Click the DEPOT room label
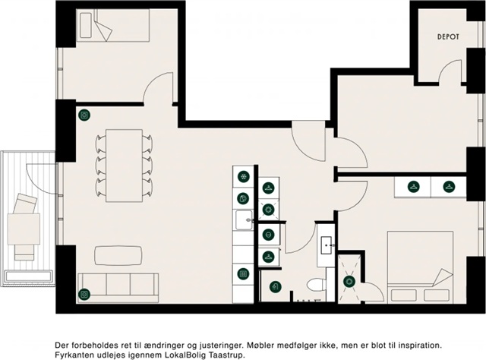point(448,36)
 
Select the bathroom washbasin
point(326,245)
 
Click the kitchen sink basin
point(244,219)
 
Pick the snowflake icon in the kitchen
point(244,177)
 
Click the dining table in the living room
point(124,166)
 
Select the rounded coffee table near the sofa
point(118,255)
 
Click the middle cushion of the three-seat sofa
point(118,284)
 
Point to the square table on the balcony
point(24,229)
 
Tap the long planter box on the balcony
point(29,276)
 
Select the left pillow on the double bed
point(403,295)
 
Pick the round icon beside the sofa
point(84,294)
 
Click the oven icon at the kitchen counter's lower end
point(243,274)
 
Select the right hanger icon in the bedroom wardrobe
point(449,187)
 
